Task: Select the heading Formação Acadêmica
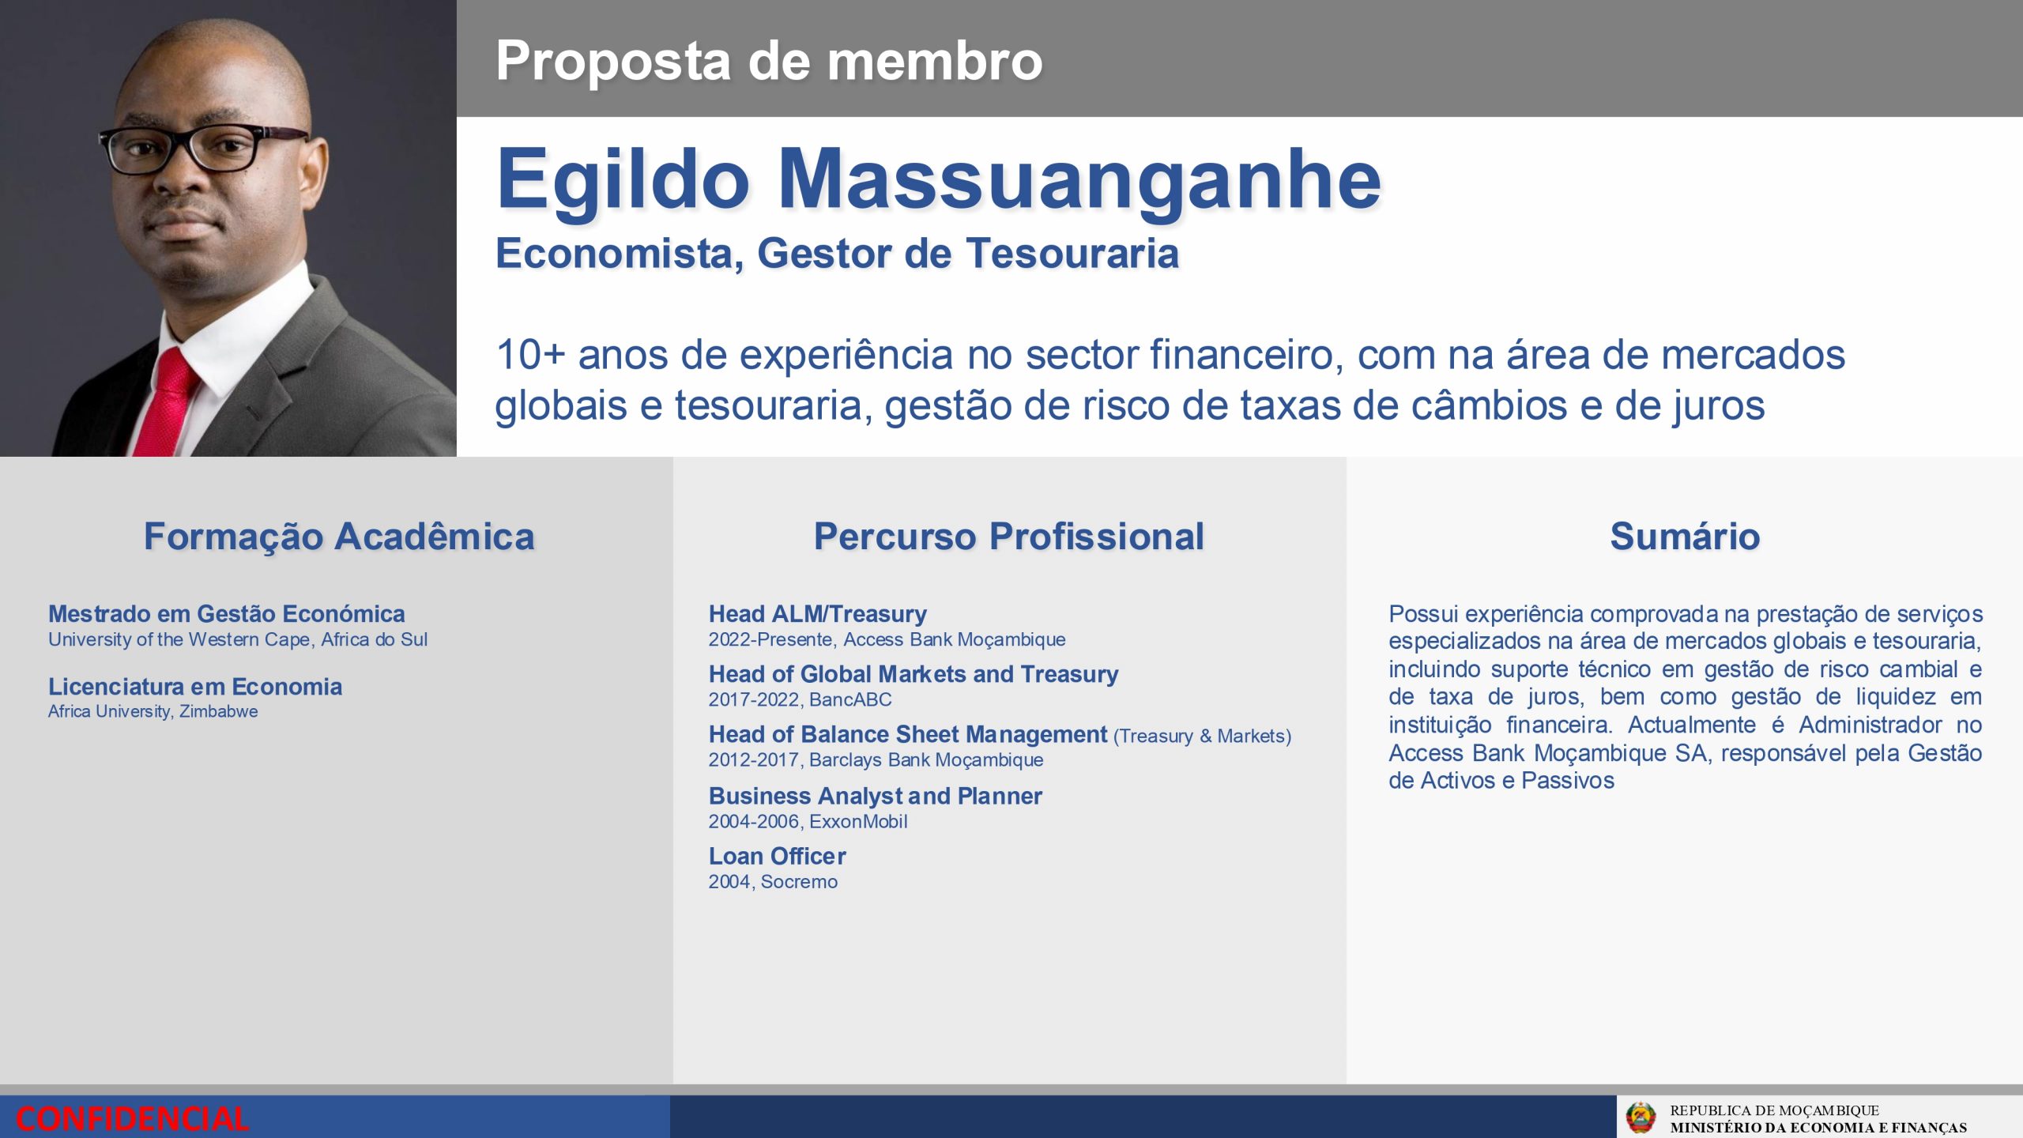[x=339, y=537]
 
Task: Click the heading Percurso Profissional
[x=1009, y=537]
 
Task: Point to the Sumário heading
[x=1685, y=537]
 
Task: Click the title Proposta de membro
[x=769, y=60]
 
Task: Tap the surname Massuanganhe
[x=1079, y=179]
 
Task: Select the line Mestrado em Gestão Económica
[x=227, y=614]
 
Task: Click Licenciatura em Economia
[x=195, y=687]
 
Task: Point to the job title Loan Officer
[x=778, y=856]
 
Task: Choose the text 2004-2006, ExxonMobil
[x=808, y=821]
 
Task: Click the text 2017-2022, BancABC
[x=800, y=699]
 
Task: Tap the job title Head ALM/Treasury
[x=818, y=614]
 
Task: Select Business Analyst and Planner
[x=876, y=796]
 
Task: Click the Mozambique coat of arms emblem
[x=1641, y=1117]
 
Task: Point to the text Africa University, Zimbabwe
[x=153, y=711]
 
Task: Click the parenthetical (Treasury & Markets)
[x=1202, y=737]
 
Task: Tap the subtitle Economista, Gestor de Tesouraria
[x=837, y=254]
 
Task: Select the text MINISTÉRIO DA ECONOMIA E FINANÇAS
[x=1818, y=1128]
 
